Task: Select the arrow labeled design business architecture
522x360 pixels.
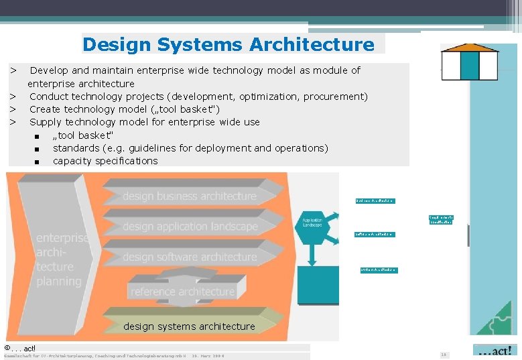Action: tap(189, 196)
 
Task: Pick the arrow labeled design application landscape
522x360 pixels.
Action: tap(190, 227)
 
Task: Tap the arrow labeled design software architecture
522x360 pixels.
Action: tap(190, 257)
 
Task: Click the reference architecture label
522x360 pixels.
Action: tap(182, 292)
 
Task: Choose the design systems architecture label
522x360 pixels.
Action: tap(189, 326)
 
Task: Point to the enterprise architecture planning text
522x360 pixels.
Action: tap(62, 259)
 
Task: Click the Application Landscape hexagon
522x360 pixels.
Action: tap(312, 223)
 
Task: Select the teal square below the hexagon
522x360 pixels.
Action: tap(318, 285)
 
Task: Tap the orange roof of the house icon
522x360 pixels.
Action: tap(469, 48)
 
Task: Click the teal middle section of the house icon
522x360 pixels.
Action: tap(469, 65)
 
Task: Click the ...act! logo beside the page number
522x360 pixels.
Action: tap(495, 351)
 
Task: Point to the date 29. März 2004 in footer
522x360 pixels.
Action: tap(208, 356)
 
